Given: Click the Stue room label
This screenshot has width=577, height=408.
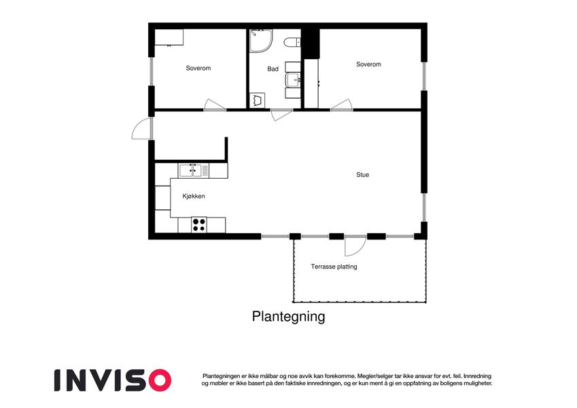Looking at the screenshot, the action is pos(362,175).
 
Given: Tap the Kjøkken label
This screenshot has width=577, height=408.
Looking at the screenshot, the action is pos(194,197).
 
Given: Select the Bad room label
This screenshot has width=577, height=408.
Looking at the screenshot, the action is pos(273,69).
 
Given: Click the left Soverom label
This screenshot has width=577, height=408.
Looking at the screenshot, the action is pos(198,68).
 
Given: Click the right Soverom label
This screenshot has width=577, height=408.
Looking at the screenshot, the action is pos(368,65).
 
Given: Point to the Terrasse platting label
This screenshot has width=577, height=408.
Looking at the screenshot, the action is pos(334,267).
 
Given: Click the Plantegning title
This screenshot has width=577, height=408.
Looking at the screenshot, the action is pos(288,317).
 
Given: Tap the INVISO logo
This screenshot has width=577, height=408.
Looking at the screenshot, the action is pos(113,380).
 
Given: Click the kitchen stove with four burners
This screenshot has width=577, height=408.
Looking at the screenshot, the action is pos(198,224).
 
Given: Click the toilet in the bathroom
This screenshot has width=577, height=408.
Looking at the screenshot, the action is pos(292,42).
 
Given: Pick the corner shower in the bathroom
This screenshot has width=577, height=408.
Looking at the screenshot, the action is pos(261,41).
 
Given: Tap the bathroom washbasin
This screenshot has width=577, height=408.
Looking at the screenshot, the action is pos(294,80).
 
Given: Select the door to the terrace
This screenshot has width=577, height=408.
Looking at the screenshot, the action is pos(355,246).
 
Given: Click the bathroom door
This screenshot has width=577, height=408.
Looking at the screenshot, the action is pos(281,115).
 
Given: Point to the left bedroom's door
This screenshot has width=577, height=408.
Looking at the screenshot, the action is pos(215,105).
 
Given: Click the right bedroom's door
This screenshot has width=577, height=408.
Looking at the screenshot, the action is pos(341,105).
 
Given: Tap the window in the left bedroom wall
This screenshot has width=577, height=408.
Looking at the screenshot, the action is pos(151,72).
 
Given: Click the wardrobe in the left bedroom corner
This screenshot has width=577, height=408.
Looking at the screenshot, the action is pos(169,37).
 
